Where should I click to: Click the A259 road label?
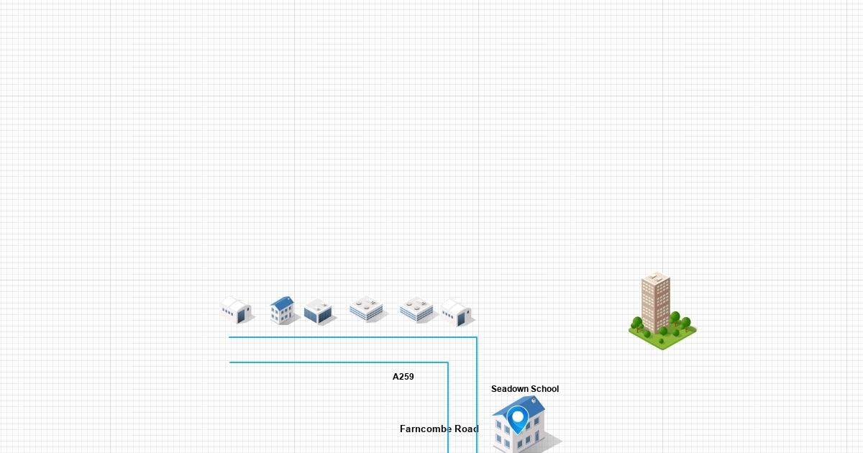click(403, 377)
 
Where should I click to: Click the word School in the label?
click(544, 389)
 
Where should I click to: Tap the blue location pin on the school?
click(517, 418)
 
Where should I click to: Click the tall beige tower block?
click(656, 301)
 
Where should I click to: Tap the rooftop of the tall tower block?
click(656, 277)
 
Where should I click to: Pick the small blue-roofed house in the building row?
click(283, 310)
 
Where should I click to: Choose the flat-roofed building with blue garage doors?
click(318, 312)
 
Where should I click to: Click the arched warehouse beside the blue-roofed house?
click(236, 310)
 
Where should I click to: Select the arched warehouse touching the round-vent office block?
click(456, 313)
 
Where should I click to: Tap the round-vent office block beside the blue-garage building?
click(367, 309)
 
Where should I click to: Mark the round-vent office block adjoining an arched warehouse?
click(417, 310)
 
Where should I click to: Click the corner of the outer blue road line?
click(477, 337)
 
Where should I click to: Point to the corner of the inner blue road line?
click(448, 362)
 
